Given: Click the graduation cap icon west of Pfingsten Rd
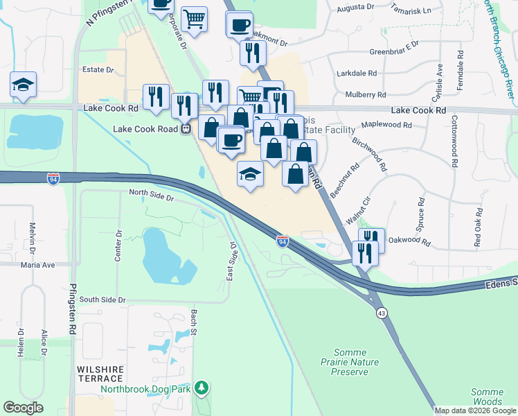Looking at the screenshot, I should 23,85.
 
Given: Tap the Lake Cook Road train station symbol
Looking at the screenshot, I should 186,129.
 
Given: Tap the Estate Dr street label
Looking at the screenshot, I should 98,70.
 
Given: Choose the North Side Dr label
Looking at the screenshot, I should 151,197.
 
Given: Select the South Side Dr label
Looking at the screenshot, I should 102,300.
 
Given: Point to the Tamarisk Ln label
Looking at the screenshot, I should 411,11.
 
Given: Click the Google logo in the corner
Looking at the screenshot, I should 23,408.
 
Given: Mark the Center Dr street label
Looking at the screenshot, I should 118,246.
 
